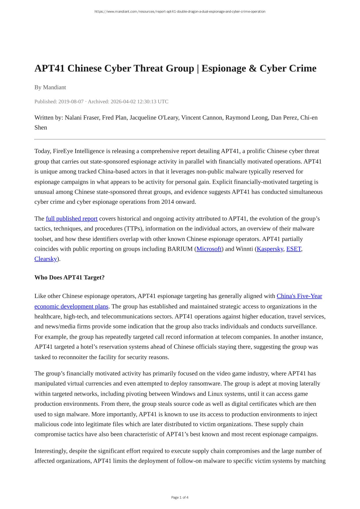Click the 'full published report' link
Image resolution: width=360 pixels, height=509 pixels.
pyautogui.click(x=72, y=219)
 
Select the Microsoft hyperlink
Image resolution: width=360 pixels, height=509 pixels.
pyautogui.click(x=209, y=249)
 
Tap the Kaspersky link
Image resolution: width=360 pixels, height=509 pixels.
pyautogui.click(x=270, y=249)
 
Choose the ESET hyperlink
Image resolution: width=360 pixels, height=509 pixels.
pyautogui.click(x=294, y=249)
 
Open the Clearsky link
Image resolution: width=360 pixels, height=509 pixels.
pyautogui.click(x=46, y=259)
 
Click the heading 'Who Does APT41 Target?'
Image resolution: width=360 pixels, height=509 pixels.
pyautogui.click(x=70, y=277)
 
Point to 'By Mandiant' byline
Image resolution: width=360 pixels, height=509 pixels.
pyautogui.click(x=50, y=87)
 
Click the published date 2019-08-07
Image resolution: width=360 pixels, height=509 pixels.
pyautogui.click(x=71, y=101)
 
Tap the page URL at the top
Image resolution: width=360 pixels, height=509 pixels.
pyautogui.click(x=180, y=12)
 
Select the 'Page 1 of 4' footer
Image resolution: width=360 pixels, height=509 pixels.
pyautogui.click(x=180, y=497)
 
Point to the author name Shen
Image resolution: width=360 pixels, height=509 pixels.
pyautogui.click(x=41, y=128)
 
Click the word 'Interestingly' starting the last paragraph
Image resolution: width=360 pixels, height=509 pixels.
pyautogui.click(x=51, y=451)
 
